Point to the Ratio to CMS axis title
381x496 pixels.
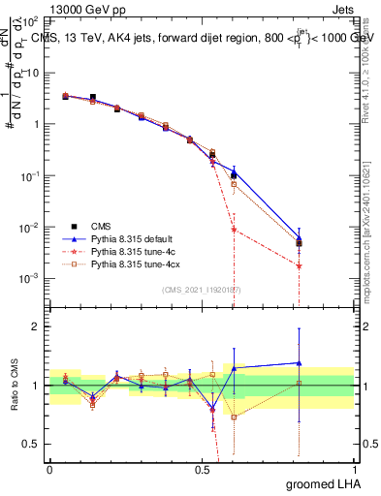[x=15, y=386]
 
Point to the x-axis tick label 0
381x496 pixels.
[x=49, y=468]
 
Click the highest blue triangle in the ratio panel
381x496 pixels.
[x=300, y=362]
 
